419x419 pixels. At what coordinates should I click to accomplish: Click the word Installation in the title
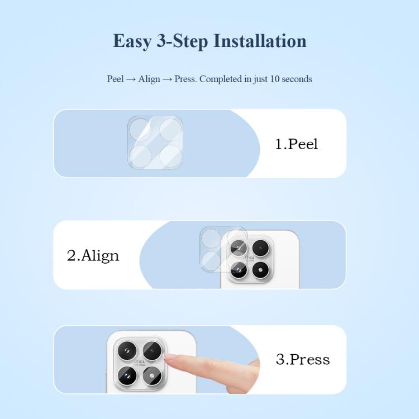click(x=260, y=41)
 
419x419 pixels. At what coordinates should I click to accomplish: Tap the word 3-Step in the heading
click(x=182, y=41)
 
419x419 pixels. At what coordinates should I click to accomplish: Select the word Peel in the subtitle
click(x=116, y=79)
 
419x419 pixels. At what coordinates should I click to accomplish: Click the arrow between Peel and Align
click(x=131, y=80)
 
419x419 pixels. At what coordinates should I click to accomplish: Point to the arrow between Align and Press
click(x=167, y=80)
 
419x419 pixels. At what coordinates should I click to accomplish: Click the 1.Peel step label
click(x=297, y=144)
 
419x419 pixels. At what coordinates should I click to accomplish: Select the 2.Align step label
click(x=93, y=256)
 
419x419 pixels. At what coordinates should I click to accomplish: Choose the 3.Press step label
click(x=303, y=359)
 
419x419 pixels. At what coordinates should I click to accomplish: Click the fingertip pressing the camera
click(x=171, y=358)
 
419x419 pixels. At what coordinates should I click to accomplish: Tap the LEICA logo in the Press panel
click(x=140, y=363)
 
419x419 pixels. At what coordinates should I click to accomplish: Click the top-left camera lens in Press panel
click(x=127, y=350)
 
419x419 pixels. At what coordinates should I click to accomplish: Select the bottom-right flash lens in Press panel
click(x=152, y=375)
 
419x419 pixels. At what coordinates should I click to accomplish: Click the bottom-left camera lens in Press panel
click(x=127, y=375)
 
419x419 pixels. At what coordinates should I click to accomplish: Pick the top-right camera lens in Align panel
click(x=260, y=248)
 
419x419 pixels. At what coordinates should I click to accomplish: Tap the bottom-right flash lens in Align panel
click(x=260, y=270)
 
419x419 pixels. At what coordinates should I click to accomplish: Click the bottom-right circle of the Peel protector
click(x=170, y=156)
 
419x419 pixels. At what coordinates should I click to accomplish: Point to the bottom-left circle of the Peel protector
click(x=141, y=156)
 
